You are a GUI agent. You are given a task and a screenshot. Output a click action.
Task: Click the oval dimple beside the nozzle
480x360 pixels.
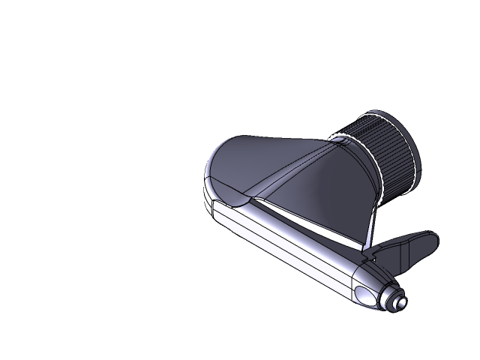tap(368, 295)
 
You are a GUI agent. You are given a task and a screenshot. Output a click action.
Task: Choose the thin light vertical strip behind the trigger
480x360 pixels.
tap(370, 229)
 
